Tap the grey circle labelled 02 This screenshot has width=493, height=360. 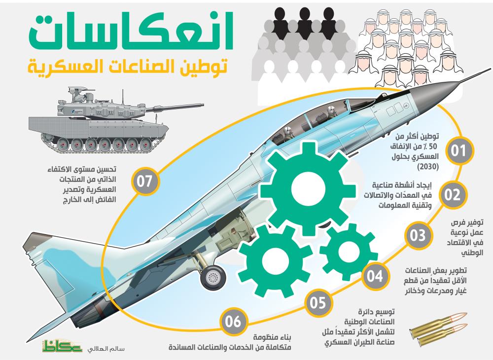452,194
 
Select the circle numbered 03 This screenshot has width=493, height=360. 418,235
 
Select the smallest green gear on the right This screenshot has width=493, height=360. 348,252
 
